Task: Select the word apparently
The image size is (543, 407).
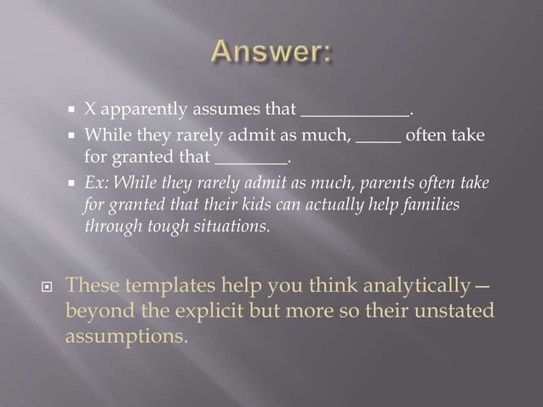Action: [140, 111]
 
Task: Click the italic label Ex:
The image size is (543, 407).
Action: [96, 185]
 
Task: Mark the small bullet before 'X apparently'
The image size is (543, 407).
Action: [74, 111]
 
